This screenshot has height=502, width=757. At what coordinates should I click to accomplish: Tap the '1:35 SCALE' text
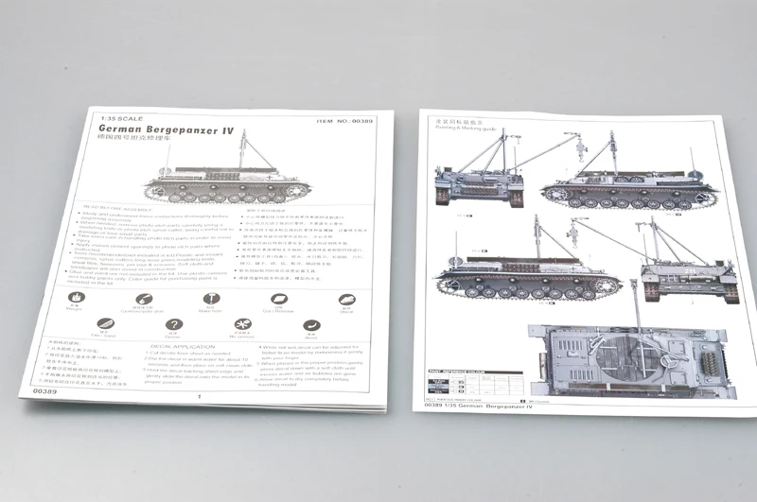pyautogui.click(x=121, y=116)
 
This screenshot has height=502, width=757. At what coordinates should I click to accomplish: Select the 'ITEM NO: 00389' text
pyautogui.click(x=345, y=121)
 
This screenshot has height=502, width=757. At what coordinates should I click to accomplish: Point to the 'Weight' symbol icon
pyautogui.click(x=75, y=300)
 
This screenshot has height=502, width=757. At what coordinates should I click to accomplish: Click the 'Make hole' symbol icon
pyautogui.click(x=210, y=300)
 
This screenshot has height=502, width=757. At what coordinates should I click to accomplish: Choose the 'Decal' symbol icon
pyautogui.click(x=346, y=300)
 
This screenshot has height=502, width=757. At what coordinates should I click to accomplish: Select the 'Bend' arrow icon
pyautogui.click(x=311, y=326)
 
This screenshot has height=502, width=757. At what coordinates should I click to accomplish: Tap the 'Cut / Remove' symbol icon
pyautogui.click(x=279, y=300)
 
